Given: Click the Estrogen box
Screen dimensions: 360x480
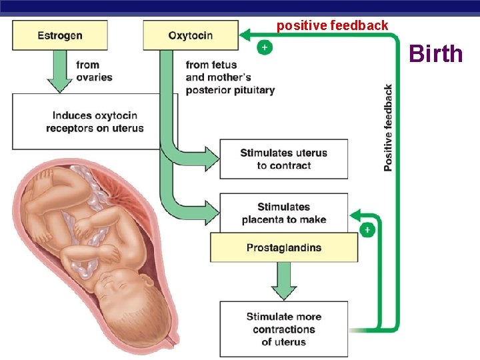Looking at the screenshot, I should pyautogui.click(x=60, y=35).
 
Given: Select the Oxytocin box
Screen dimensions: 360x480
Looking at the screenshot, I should pyautogui.click(x=191, y=35).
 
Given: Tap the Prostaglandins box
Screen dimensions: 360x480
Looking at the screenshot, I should pyautogui.click(x=284, y=247).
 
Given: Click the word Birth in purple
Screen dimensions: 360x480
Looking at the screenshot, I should pyautogui.click(x=435, y=53).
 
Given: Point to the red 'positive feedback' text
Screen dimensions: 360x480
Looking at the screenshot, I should pyautogui.click(x=332, y=25).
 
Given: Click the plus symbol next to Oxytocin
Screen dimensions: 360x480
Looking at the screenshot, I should pyautogui.click(x=265, y=48).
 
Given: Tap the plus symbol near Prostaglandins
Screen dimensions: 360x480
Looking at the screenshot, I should pyautogui.click(x=367, y=229).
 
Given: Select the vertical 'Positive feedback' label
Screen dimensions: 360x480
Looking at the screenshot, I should pyautogui.click(x=388, y=127).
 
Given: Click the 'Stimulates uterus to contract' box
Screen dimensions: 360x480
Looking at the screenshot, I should pyautogui.click(x=284, y=159).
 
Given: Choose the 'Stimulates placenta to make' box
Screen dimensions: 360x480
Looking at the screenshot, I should pyautogui.click(x=284, y=212).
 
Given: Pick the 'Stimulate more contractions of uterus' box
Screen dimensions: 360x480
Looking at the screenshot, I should pyautogui.click(x=284, y=329).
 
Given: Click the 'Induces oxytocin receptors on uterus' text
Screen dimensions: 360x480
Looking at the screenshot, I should pyautogui.click(x=95, y=121).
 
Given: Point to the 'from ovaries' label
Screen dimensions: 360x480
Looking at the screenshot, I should pyautogui.click(x=93, y=71).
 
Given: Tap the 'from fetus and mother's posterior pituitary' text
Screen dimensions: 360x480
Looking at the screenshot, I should pyautogui.click(x=230, y=77).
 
